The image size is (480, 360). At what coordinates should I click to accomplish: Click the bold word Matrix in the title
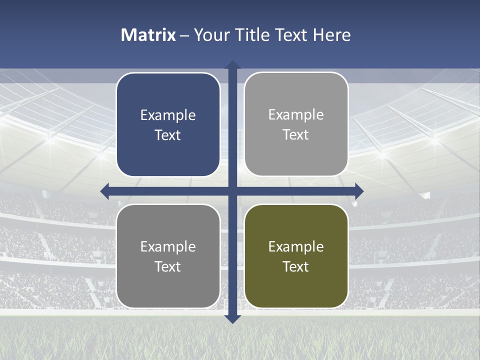[148, 35]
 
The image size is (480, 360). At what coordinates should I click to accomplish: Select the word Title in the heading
[251, 35]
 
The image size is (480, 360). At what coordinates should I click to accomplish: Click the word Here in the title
[332, 35]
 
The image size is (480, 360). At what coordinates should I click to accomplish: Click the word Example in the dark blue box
[168, 115]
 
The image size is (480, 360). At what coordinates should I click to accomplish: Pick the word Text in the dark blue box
[168, 135]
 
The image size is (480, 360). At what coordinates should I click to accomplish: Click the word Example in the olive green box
[296, 246]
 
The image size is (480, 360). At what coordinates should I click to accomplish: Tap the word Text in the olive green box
[296, 266]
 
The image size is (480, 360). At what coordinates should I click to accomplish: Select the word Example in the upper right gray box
[296, 115]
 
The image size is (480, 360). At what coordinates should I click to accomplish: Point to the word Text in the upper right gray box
[296, 135]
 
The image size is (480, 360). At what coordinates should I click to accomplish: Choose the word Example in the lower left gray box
[168, 246]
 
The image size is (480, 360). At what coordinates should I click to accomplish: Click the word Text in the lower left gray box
[168, 266]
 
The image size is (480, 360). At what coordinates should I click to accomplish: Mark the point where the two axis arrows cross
[232, 191]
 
